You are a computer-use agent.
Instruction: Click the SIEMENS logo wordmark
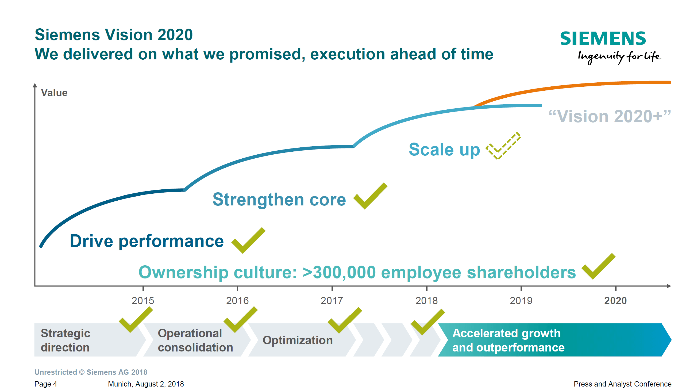point(603,38)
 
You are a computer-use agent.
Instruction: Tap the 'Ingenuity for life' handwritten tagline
point(619,57)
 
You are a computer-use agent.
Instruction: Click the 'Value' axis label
point(54,93)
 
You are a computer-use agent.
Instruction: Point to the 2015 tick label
point(143,300)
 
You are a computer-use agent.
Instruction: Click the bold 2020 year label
point(615,300)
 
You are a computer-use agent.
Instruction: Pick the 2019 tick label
point(521,300)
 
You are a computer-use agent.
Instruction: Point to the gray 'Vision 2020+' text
point(610,116)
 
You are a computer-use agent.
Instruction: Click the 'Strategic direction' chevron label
point(66,340)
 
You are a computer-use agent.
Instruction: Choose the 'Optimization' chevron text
point(298,340)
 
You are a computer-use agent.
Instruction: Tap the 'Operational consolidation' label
point(195,340)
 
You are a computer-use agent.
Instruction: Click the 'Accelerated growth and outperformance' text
point(509,340)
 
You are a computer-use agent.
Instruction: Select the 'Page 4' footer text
point(46,384)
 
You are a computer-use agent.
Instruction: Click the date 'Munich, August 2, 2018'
point(146,384)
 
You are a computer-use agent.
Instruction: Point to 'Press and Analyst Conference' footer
point(623,384)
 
